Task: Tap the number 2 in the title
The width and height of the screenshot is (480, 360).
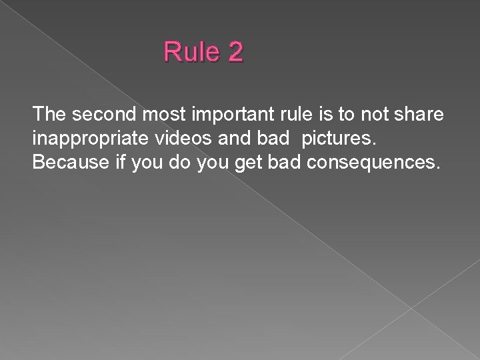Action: click(235, 52)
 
